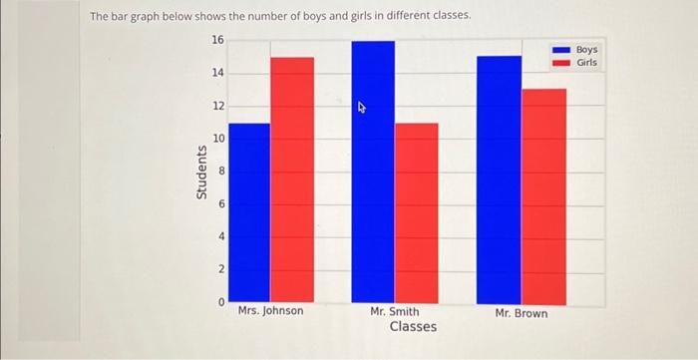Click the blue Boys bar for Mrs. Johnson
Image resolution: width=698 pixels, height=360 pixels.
coord(249,213)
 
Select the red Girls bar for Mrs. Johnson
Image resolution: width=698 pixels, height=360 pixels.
coord(292,180)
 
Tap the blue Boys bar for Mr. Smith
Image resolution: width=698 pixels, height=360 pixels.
coord(373,173)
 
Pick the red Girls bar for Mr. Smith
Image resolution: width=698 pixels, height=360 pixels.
coord(417,213)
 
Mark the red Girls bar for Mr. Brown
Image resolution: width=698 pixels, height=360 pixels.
coord(543,196)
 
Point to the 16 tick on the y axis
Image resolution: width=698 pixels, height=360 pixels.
coord(217,40)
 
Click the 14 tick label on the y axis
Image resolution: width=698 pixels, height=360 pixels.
coord(217,73)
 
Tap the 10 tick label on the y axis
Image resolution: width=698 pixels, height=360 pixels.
coord(217,138)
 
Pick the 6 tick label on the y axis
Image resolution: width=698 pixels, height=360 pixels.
coord(220,203)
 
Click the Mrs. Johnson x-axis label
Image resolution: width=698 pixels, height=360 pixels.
coord(271,312)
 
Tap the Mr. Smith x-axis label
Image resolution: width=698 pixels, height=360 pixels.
coord(394,312)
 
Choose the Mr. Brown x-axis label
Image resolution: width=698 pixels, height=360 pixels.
coord(521,313)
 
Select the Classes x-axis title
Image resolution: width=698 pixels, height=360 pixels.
coord(413,327)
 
